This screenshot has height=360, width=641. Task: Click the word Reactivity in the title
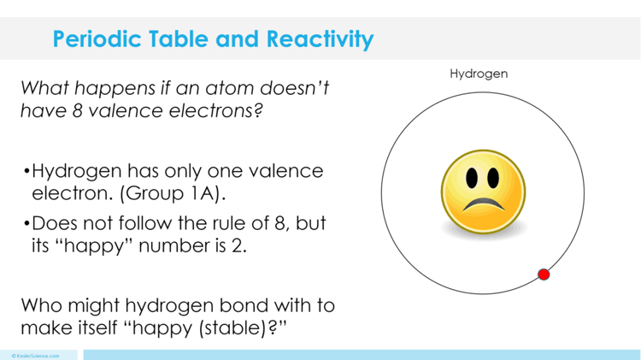point(320,39)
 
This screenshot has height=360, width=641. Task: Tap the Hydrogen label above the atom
point(479,74)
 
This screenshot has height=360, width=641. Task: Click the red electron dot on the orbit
point(544,274)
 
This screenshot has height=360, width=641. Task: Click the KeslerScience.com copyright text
point(35,355)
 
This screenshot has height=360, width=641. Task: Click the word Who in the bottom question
point(39,305)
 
